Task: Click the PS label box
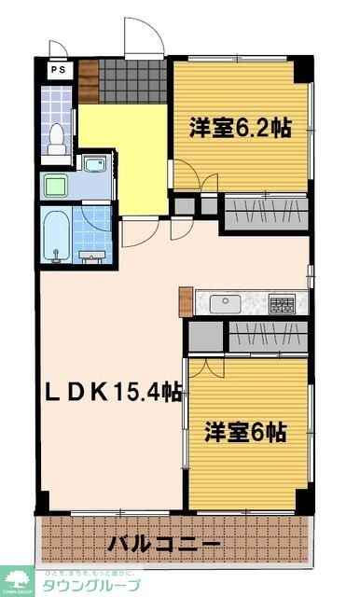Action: pos(56,69)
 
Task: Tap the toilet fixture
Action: pos(59,137)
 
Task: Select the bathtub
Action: pos(57,237)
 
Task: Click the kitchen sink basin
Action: pos(225,302)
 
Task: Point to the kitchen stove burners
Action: pos(283,302)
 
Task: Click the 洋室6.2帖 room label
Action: pos(241,129)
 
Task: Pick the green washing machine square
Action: pos(54,184)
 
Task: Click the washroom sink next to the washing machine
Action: pos(95,166)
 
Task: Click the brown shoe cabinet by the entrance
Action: pos(89,81)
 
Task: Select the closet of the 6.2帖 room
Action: pos(264,214)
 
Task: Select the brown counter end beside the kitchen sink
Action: pos(187,301)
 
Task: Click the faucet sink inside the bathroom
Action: pos(91,254)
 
